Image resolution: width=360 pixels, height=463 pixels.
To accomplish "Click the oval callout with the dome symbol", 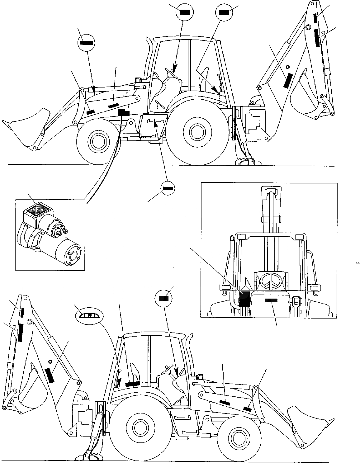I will (x=89, y=315).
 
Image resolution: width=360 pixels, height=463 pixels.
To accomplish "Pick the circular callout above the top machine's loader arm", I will (x=86, y=42).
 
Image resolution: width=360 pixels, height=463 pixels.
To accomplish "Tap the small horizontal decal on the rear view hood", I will (x=271, y=300).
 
